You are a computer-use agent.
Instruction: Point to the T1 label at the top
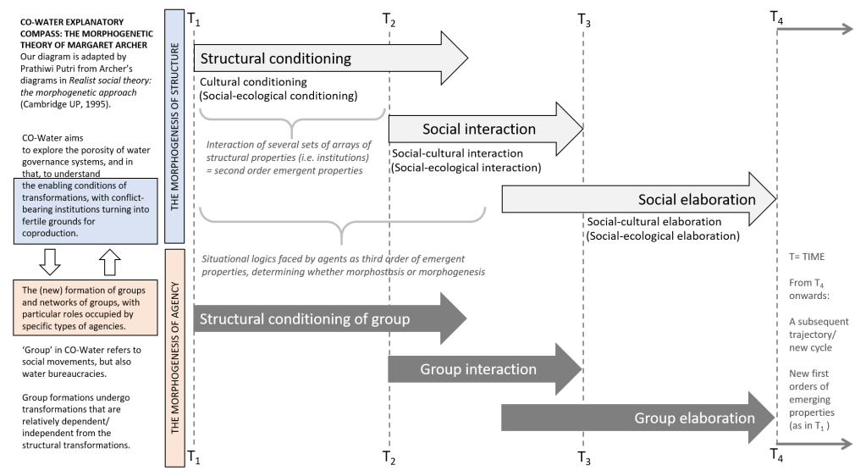[x=194, y=21]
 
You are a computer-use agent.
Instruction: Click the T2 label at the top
[x=389, y=21]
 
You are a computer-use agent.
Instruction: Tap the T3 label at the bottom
[x=584, y=458]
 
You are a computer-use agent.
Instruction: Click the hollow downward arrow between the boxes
[x=51, y=263]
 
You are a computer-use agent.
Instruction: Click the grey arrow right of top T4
[x=816, y=30]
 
